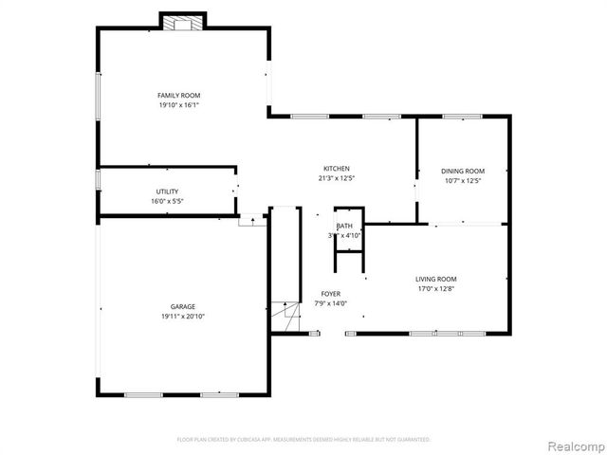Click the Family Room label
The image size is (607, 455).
[x=178, y=95]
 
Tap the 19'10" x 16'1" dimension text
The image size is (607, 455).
[x=178, y=105]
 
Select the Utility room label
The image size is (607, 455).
[x=167, y=191]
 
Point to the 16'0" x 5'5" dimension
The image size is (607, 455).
[x=167, y=201]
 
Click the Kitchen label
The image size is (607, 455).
[x=337, y=168]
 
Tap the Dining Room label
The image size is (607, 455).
[x=464, y=171]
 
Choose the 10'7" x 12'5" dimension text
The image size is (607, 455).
[x=464, y=181]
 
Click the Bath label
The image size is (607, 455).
[x=343, y=226]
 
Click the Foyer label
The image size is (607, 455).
[x=330, y=294]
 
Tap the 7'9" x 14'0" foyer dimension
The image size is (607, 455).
[x=330, y=304]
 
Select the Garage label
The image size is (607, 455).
[x=183, y=306]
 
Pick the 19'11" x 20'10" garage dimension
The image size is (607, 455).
[x=183, y=317]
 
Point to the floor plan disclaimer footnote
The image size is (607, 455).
[x=303, y=440]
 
